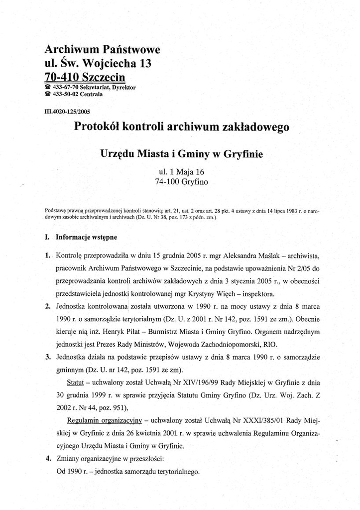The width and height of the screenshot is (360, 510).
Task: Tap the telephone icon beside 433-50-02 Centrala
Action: (48, 94)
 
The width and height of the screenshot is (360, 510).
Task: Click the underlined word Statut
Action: (76, 382)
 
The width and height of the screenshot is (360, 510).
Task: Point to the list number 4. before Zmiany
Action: (48, 458)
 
